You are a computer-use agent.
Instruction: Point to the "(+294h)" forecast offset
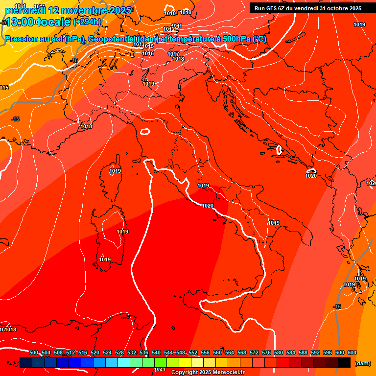[87, 22]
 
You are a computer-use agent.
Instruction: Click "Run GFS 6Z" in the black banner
[274, 8]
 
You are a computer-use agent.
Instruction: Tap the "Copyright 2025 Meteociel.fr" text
[208, 373]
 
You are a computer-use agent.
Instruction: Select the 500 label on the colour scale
[34, 352]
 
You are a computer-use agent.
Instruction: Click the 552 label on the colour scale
[193, 352]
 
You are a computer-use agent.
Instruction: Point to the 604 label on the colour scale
[352, 352]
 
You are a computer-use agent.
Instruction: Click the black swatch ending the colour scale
[344, 362]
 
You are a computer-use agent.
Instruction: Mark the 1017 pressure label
[173, 54]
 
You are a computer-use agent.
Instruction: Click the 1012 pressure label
[169, 29]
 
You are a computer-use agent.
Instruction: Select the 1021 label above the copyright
[159, 369]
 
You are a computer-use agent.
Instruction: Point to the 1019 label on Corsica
[115, 171]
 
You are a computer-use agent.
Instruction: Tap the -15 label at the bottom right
[336, 306]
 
